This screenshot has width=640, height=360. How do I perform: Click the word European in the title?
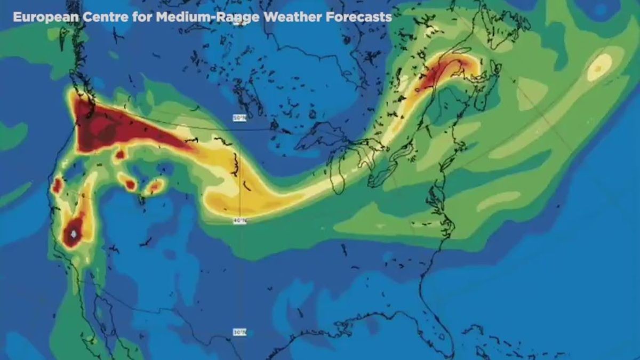(46, 17)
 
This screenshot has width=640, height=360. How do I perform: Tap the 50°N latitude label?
(239, 118)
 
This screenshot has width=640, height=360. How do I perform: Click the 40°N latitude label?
(239, 221)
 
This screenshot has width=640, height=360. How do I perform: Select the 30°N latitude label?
(239, 332)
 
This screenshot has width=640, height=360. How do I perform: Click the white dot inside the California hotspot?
(73, 234)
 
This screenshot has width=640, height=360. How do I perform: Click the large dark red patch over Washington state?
(107, 128)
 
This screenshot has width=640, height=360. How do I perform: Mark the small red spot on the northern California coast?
(57, 186)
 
